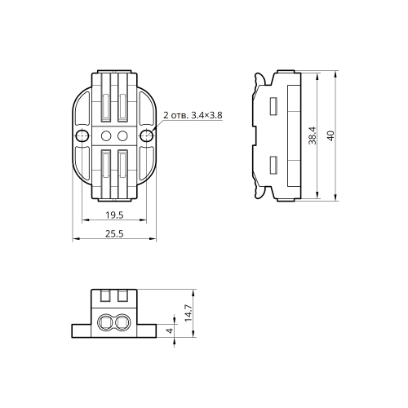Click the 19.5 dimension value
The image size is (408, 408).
click(x=114, y=215)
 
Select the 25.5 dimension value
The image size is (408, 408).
click(x=114, y=233)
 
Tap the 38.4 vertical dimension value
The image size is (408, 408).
click(x=313, y=135)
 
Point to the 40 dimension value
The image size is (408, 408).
click(x=330, y=135)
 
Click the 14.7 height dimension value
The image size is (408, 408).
click(x=188, y=313)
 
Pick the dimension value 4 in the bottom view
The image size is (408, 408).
click(x=170, y=330)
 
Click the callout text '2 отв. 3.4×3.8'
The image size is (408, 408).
click(x=193, y=115)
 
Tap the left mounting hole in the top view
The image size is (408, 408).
click(x=82, y=135)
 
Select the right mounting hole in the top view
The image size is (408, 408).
click(x=147, y=135)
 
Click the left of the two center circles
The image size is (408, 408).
click(x=106, y=135)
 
